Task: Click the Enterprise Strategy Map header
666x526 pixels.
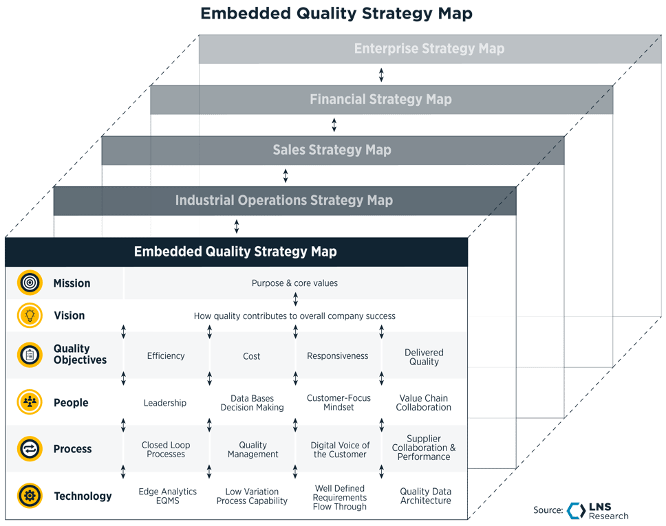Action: coord(429,49)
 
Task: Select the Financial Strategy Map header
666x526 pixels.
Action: coord(380,99)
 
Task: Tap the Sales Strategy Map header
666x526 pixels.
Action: coord(332,150)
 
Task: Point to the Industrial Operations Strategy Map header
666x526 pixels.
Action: coord(283,200)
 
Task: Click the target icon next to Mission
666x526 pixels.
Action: coord(30,283)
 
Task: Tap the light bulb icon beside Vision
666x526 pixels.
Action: coord(30,315)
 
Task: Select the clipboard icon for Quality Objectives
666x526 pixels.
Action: coord(30,355)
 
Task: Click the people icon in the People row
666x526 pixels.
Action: coord(30,402)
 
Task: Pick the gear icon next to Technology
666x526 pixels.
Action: coord(30,496)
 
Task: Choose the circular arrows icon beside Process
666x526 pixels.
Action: coord(30,449)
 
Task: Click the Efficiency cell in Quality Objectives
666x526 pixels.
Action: coord(166,355)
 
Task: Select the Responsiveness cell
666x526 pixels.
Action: coord(337,355)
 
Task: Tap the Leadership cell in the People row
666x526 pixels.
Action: coord(165,402)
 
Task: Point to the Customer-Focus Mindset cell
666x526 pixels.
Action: coord(339,402)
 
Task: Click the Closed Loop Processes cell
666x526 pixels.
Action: coord(166,449)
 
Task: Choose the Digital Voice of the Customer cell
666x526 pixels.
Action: coord(340,449)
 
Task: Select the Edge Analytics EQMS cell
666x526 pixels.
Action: coord(167,496)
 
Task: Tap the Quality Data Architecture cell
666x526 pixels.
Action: coord(425,496)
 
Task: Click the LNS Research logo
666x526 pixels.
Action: coord(597,510)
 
